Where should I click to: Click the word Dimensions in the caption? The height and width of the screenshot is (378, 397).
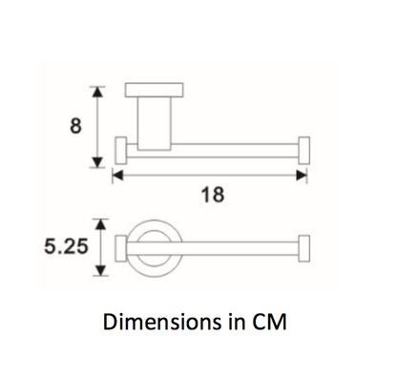tap(157, 322)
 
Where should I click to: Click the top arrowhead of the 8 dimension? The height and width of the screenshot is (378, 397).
tap(96, 90)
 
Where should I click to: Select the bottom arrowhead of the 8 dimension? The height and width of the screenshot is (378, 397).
tap(96, 162)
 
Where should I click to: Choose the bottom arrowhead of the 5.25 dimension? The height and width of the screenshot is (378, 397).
tap(96, 271)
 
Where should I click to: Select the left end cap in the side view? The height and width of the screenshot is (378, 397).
tap(121, 151)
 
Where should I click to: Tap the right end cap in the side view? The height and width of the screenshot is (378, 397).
tap(304, 151)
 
